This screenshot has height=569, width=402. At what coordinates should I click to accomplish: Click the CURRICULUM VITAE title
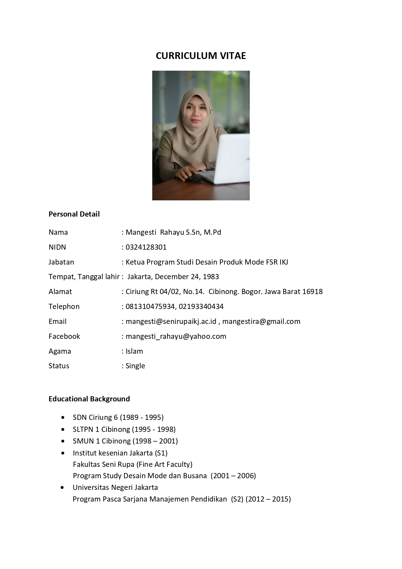coord(201,56)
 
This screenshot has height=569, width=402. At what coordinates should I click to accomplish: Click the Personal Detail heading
coord(74,214)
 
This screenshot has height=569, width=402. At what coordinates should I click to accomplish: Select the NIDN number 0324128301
coord(146,247)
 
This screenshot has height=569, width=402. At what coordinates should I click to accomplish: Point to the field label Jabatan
coord(61,262)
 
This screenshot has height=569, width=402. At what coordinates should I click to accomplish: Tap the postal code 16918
coord(312,291)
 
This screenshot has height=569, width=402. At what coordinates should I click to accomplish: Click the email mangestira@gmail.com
coord(261,321)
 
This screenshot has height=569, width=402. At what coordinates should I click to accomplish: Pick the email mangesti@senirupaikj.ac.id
coord(171,321)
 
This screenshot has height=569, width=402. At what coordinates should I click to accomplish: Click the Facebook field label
coord(64,336)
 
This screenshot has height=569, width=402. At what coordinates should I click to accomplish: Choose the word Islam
coord(134,351)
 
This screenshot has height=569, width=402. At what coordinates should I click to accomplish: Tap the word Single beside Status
coord(135,366)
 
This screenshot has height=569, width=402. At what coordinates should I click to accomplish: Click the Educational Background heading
coord(89,399)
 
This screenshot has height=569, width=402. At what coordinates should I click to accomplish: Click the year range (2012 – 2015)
coord(268,499)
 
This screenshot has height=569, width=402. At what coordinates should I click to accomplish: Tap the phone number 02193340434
coord(201,306)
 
